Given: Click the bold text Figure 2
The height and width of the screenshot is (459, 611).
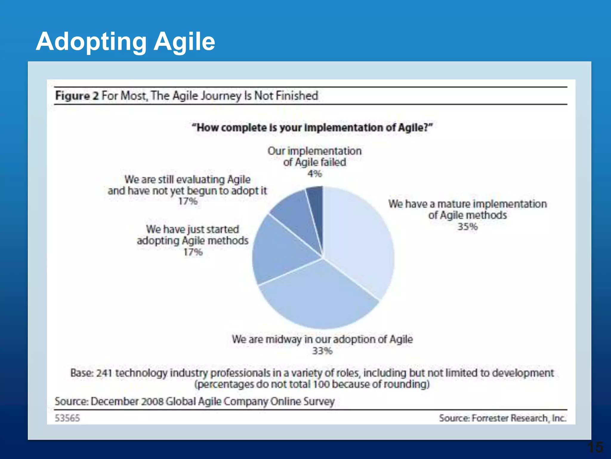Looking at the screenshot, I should pos(77,96).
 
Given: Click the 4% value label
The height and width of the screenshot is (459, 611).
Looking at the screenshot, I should pos(315,174).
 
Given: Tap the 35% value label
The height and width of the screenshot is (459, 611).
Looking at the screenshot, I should pos(467,227).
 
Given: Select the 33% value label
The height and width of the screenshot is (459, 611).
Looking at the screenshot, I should pos(322,351).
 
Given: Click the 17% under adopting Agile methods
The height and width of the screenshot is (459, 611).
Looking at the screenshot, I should pos(193,252).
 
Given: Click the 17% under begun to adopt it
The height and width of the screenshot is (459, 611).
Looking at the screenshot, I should pos(188,201).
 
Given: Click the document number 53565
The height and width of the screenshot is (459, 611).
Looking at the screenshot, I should pos(67,418).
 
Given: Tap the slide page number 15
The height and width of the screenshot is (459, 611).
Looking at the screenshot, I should pos(595,447).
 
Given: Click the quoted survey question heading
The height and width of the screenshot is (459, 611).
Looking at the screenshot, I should pos(312,128).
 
